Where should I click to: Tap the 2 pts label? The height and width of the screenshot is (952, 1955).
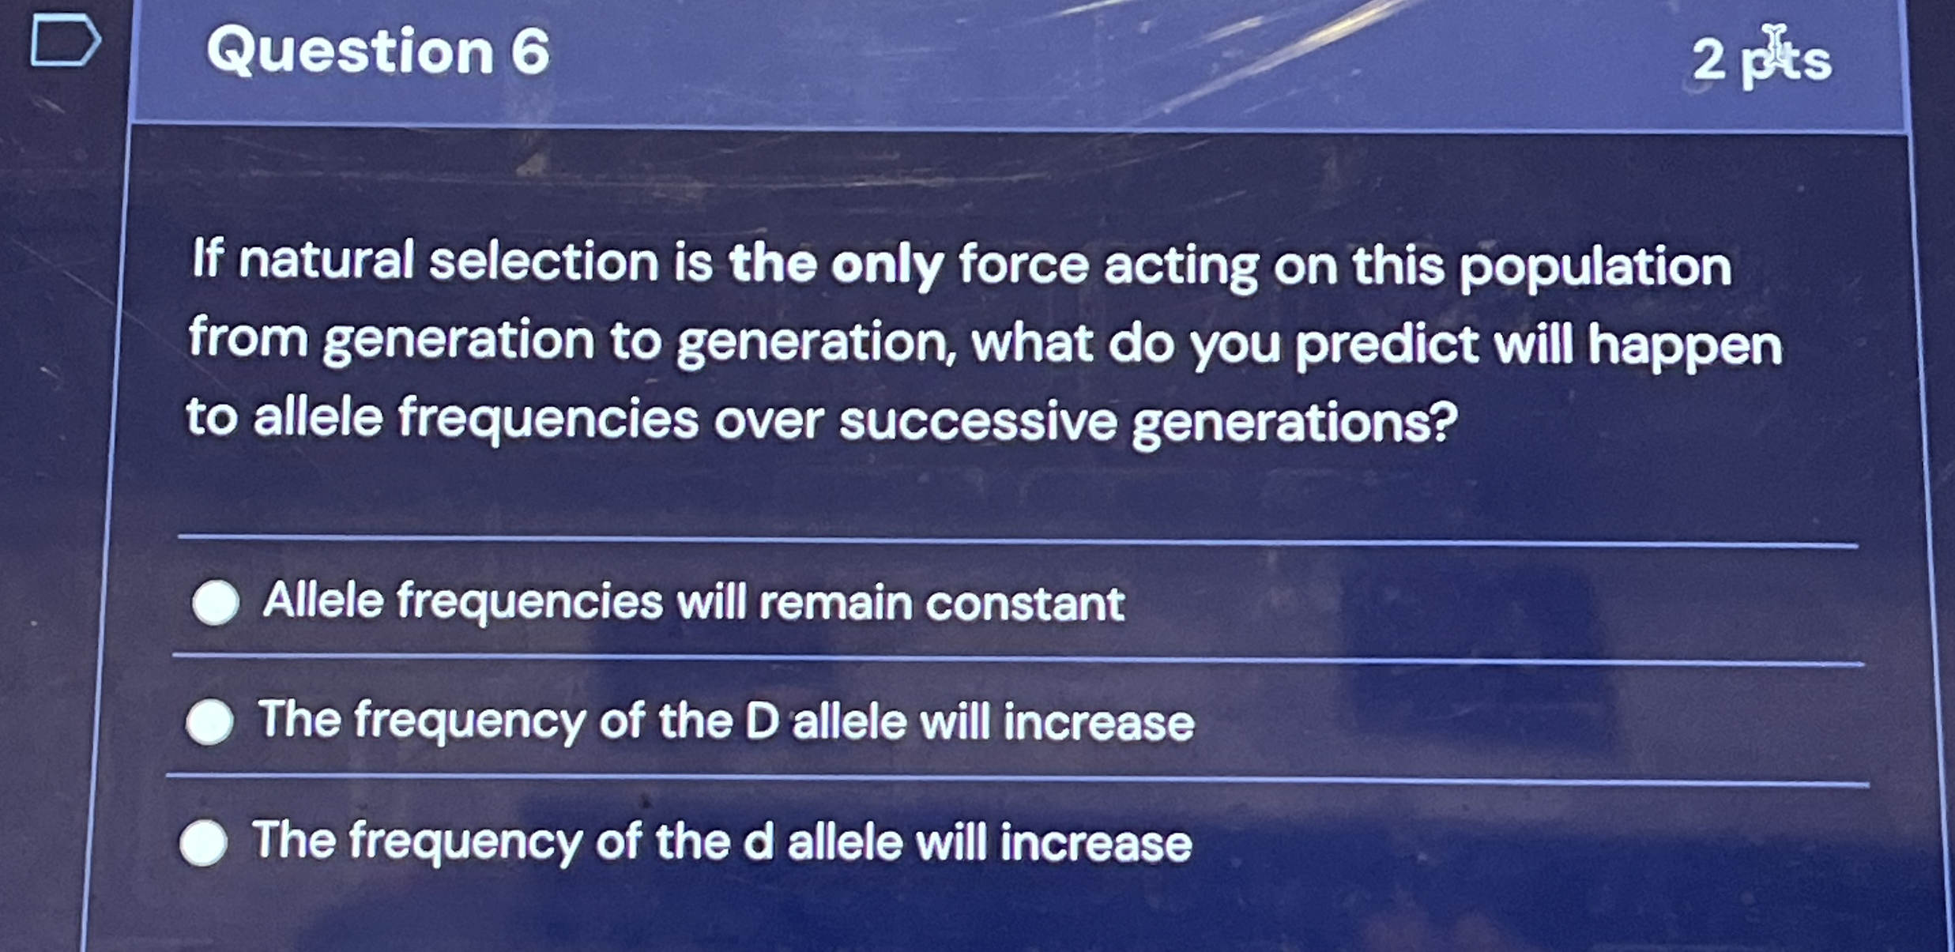tap(1761, 58)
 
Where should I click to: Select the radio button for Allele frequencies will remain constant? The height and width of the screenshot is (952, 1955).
tap(216, 602)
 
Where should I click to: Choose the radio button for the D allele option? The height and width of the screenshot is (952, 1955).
tap(210, 721)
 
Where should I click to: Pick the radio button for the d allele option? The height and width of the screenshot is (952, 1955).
tap(204, 841)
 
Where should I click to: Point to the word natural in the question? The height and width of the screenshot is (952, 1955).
tap(326, 260)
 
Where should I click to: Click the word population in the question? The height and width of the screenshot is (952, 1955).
tap(1595, 269)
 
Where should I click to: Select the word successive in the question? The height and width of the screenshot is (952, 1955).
tap(978, 421)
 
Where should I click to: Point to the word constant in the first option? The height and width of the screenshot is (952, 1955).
tap(1025, 604)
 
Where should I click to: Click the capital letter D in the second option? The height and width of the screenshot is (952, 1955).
tap(762, 721)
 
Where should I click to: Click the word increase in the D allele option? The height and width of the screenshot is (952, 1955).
tap(1098, 724)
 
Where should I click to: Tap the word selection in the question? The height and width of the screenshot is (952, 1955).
tap(544, 262)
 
